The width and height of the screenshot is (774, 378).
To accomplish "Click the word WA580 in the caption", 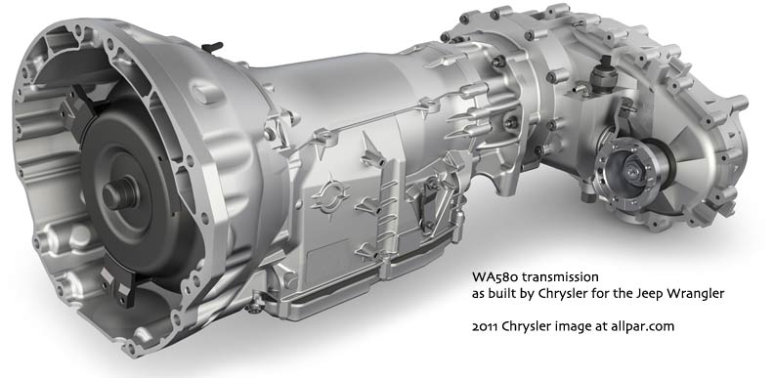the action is pyautogui.click(x=489, y=276).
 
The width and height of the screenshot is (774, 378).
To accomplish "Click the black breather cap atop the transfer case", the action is pyautogui.click(x=604, y=74).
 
